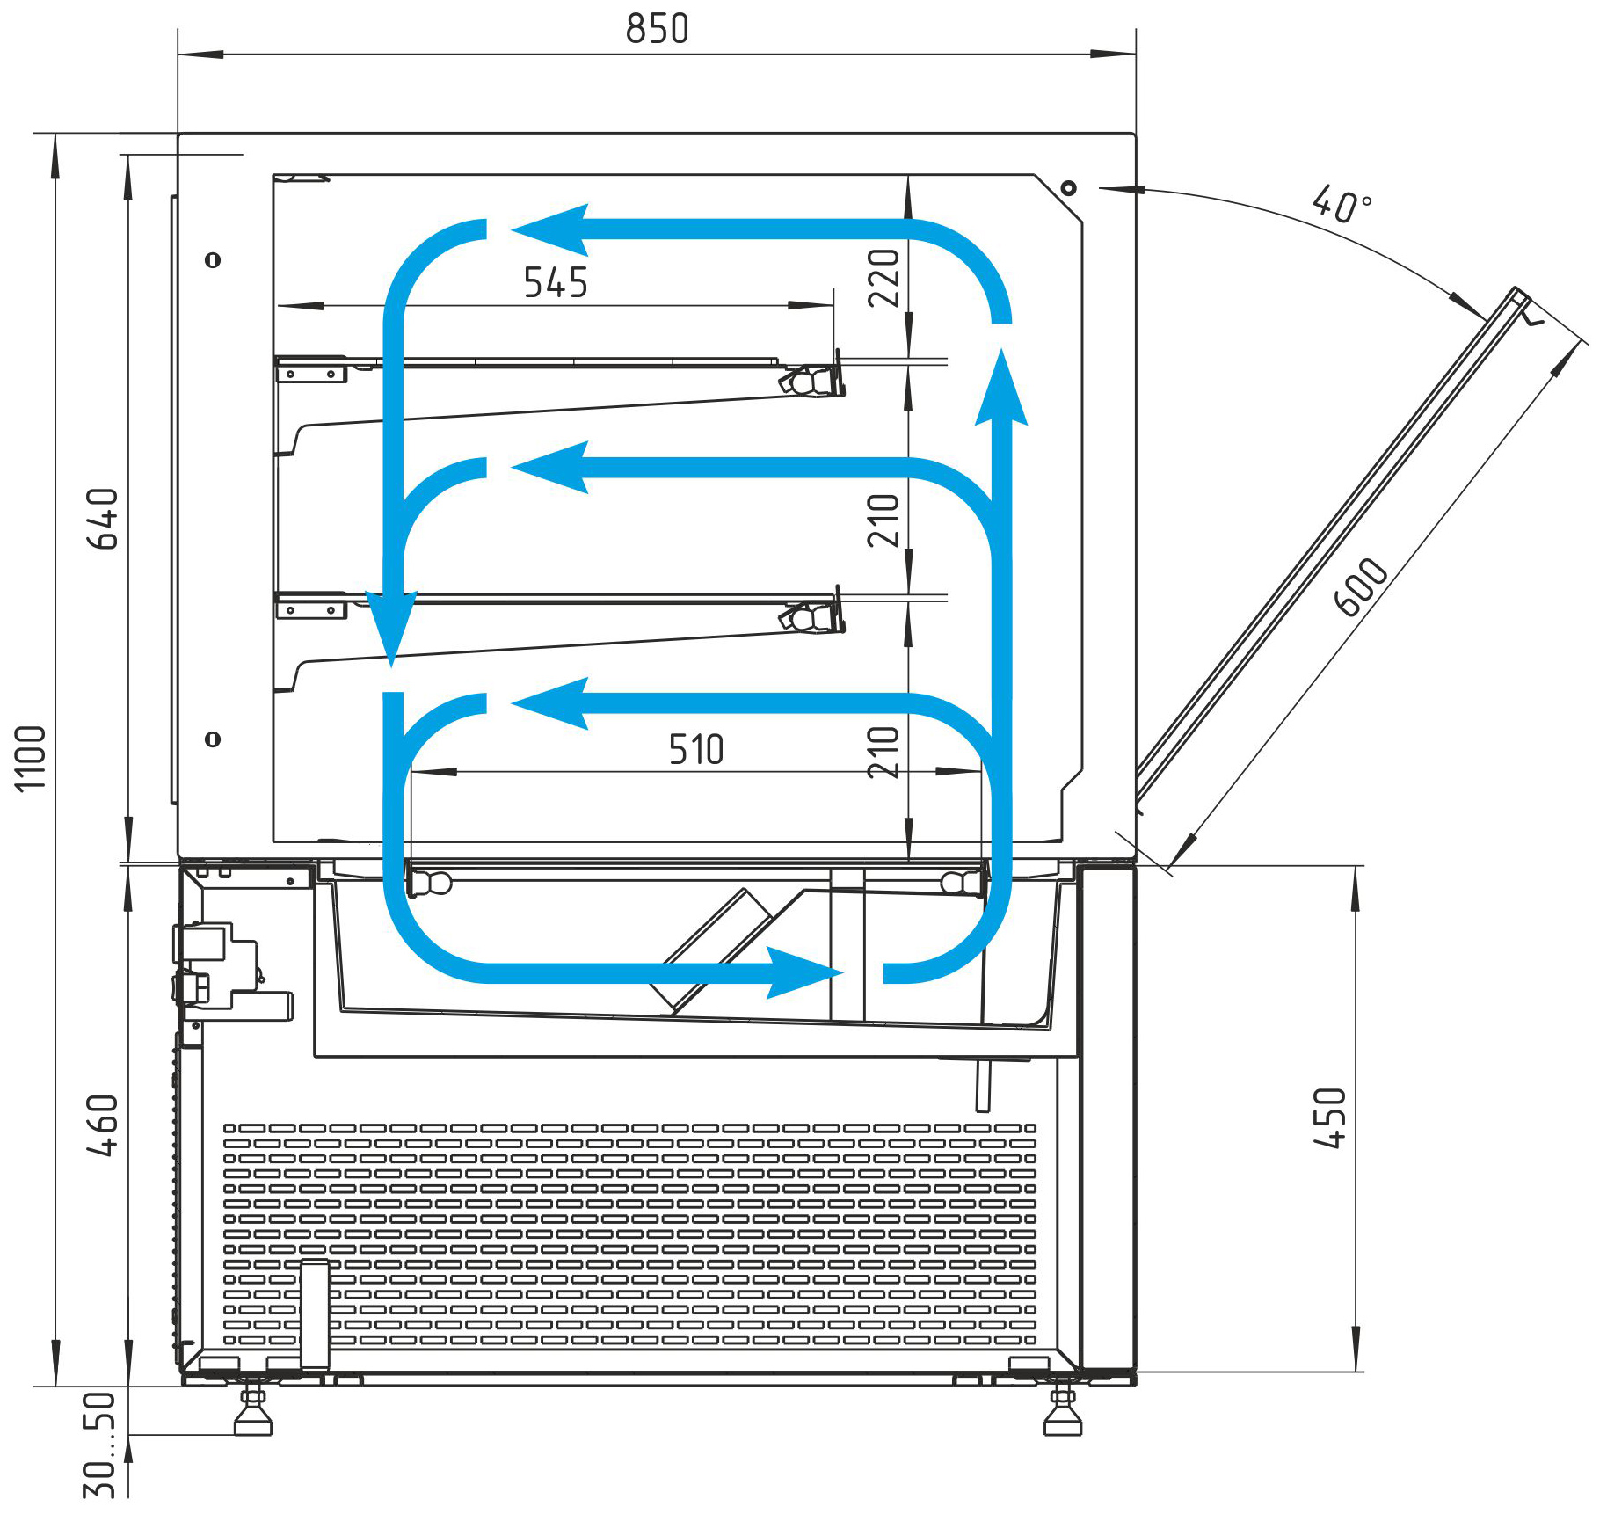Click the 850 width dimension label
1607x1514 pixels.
pyautogui.click(x=657, y=29)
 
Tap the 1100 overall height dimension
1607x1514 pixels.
pyautogui.click(x=31, y=758)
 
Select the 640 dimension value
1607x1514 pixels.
pyautogui.click(x=103, y=519)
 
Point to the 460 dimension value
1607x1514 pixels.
pyautogui.click(x=103, y=1125)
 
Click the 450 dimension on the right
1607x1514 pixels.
pyautogui.click(x=1329, y=1118)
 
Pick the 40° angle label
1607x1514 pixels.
pyautogui.click(x=1342, y=205)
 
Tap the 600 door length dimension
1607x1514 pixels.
pyautogui.click(x=1361, y=587)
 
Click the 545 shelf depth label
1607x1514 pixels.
pyautogui.click(x=556, y=283)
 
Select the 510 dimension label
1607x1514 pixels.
pyautogui.click(x=696, y=750)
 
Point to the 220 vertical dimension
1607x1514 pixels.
pyautogui.click(x=884, y=278)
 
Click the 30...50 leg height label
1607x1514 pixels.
pyautogui.click(x=99, y=1445)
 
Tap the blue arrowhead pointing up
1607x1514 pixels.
pyautogui.click(x=1001, y=387)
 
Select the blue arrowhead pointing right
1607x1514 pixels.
pyautogui.click(x=804, y=972)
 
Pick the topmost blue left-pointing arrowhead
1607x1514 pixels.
pyautogui.click(x=549, y=230)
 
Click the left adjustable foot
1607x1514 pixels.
pyautogui.click(x=253, y=1410)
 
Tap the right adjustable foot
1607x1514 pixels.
pyautogui.click(x=1062, y=1410)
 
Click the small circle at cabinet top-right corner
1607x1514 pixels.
pyautogui.click(x=1068, y=188)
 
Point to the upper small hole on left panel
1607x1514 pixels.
pyautogui.click(x=213, y=260)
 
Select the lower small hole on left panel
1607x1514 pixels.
pyautogui.click(x=213, y=739)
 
